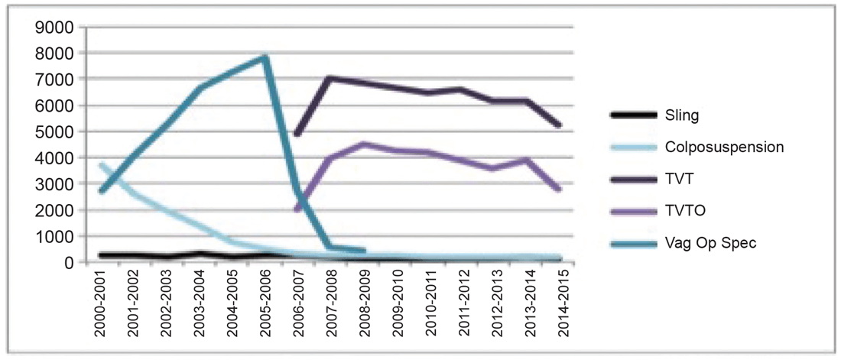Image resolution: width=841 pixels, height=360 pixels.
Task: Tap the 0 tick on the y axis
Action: pyautogui.click(x=67, y=262)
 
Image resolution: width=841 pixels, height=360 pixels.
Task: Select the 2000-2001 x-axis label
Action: pyautogui.click(x=101, y=303)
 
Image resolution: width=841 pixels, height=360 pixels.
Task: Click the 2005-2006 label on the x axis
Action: pyautogui.click(x=265, y=303)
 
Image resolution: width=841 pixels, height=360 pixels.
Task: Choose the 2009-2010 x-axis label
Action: pyautogui.click(x=395, y=303)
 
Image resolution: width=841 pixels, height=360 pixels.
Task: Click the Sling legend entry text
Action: pyautogui.click(x=683, y=116)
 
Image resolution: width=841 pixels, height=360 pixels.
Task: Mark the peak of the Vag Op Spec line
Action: pyautogui.click(x=265, y=56)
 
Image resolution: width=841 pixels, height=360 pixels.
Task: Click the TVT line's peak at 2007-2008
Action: pyautogui.click(x=330, y=77)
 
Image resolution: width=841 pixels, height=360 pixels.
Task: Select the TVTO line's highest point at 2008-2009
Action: pyautogui.click(x=362, y=144)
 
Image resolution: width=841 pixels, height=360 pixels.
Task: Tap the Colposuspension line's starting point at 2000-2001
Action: pyautogui.click(x=101, y=164)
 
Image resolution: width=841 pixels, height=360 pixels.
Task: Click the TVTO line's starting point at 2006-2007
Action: pyautogui.click(x=297, y=209)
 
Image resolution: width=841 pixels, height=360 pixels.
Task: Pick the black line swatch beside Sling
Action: pyautogui.click(x=633, y=116)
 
